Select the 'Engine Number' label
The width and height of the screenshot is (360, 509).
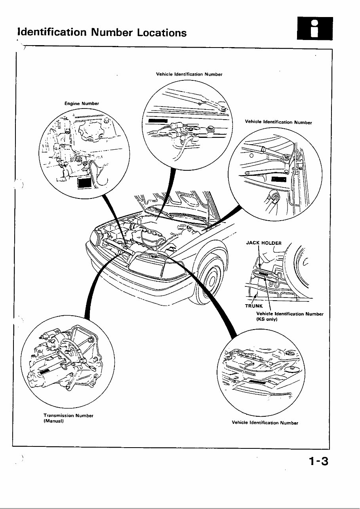(x=82, y=103)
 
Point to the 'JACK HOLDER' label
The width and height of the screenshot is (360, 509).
(x=264, y=243)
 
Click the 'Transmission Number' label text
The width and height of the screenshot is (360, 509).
(x=68, y=416)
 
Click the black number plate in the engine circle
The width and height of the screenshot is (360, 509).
(x=84, y=183)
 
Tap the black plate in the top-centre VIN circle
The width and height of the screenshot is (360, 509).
(x=158, y=120)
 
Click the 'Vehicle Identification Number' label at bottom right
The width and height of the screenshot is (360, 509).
(x=265, y=423)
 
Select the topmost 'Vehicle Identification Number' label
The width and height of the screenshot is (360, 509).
(x=189, y=74)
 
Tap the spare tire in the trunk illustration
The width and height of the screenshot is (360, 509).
(x=305, y=267)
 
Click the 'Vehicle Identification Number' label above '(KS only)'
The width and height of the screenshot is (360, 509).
(x=290, y=314)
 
